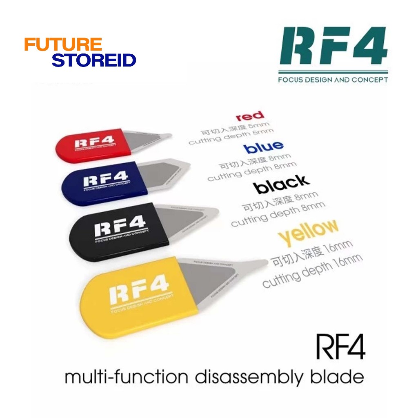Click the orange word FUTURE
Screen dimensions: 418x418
click(x=63, y=44)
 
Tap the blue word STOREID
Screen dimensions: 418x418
click(x=94, y=60)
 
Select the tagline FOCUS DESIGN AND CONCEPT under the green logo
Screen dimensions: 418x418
click(x=333, y=80)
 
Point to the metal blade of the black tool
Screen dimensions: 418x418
click(x=184, y=218)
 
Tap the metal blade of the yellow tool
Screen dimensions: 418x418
click(x=208, y=278)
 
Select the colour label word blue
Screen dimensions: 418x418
click(x=263, y=147)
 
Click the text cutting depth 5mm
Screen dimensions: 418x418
click(x=231, y=137)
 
